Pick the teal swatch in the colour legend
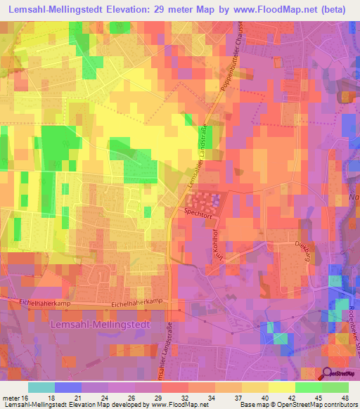pos(41,387)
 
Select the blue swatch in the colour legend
pos(68,387)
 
